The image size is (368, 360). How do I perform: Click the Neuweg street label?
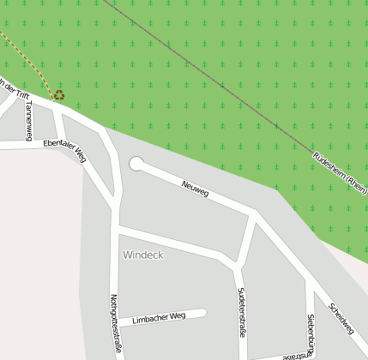(x=195, y=188)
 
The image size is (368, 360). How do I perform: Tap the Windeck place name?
(x=142, y=255)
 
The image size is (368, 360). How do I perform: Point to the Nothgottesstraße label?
(x=115, y=324)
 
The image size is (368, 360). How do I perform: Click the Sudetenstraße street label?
(x=242, y=312)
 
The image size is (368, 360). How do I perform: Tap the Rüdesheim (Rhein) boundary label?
(x=340, y=171)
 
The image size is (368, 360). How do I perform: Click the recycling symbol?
(x=58, y=95)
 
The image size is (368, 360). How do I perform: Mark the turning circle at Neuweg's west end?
(x=136, y=163)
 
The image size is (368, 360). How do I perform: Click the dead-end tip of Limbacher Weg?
(x=204, y=313)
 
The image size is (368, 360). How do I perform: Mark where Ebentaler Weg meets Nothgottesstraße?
(x=114, y=206)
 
